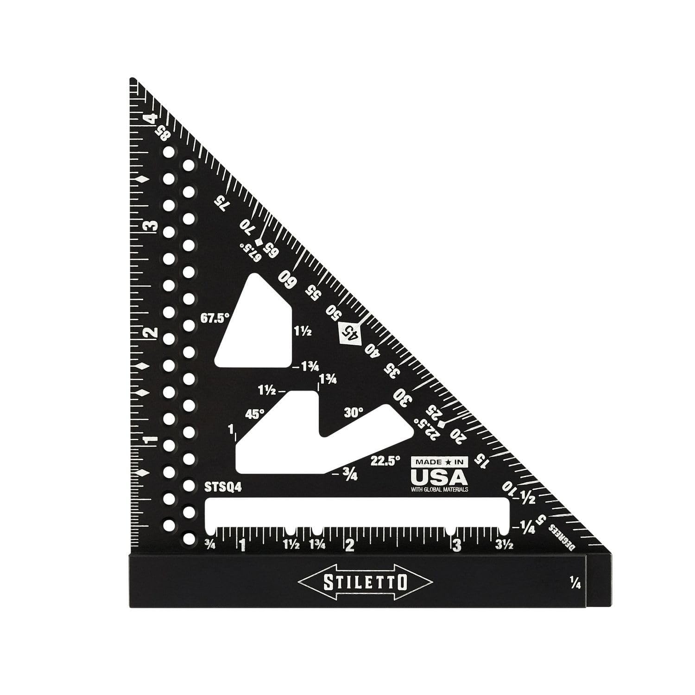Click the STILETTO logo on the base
tap(366, 581)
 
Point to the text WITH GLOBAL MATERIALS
tap(439, 489)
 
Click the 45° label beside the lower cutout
tap(254, 414)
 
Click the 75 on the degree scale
tap(222, 203)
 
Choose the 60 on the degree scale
tap(287, 279)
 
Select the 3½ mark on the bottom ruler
tap(504, 546)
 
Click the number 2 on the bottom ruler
tap(349, 545)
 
